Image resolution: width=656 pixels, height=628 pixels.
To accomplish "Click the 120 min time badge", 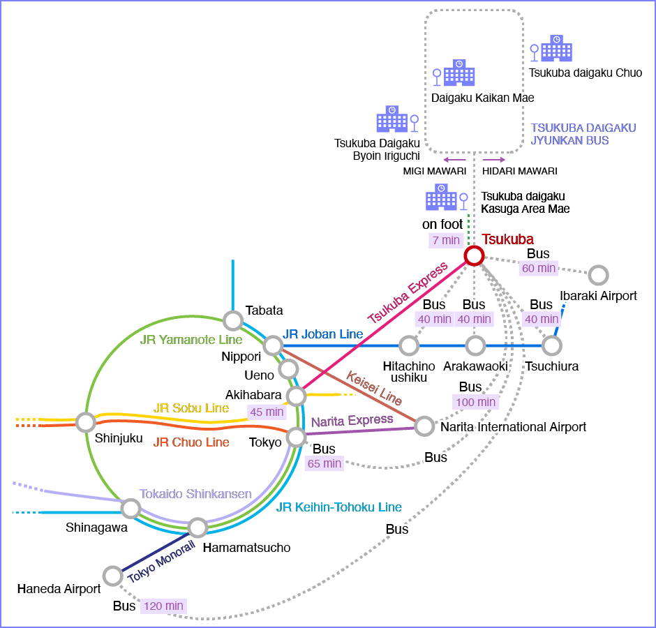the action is (x=163, y=606).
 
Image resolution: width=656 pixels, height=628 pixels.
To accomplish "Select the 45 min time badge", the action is (x=267, y=412).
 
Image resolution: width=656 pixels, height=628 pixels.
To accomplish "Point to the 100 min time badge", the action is (x=476, y=402).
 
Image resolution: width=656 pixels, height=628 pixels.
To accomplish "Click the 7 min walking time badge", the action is (x=447, y=240).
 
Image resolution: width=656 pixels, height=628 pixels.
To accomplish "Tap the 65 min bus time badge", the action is (x=325, y=463).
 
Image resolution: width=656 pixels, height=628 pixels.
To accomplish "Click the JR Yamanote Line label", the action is (x=191, y=339).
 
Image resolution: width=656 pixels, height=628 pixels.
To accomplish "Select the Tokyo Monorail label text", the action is (x=161, y=562).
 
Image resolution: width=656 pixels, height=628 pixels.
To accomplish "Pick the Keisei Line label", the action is (x=374, y=388).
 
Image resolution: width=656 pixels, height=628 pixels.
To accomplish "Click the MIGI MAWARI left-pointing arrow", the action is (x=455, y=160).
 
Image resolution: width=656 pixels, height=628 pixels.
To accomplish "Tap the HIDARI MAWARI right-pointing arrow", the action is (x=493, y=160).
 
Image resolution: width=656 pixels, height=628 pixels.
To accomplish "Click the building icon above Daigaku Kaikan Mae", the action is (x=459, y=73).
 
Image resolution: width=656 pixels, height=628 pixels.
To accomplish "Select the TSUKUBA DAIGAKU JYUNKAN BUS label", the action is (x=583, y=134).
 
